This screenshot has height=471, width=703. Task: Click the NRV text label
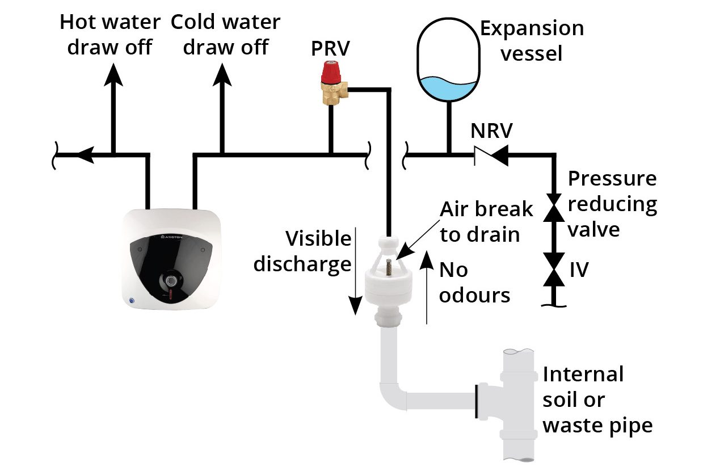click(491, 132)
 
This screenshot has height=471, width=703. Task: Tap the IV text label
click(579, 270)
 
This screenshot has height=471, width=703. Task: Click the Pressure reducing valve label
click(612, 204)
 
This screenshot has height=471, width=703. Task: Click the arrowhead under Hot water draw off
click(115, 73)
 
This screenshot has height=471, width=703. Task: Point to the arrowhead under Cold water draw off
click(222, 73)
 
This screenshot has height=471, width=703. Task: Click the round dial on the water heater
click(171, 280)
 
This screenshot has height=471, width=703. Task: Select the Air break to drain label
click(486, 221)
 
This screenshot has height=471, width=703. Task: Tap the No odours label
click(474, 282)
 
